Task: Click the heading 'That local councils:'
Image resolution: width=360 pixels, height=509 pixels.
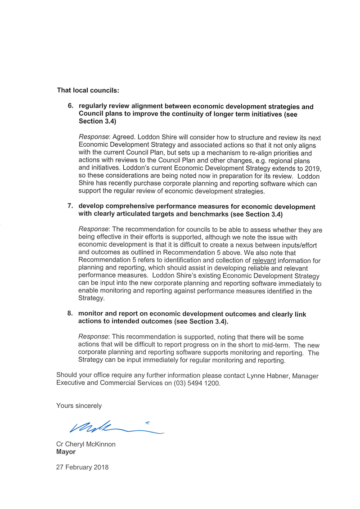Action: [x=88, y=90]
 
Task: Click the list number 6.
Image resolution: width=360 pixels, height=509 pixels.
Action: [x=70, y=106]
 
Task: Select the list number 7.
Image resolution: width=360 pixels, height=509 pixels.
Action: [x=70, y=206]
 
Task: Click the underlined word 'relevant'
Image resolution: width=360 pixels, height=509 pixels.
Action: [x=264, y=260]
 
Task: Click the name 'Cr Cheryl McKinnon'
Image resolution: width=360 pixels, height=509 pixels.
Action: [x=85, y=444]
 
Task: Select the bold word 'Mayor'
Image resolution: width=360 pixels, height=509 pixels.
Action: [x=66, y=452]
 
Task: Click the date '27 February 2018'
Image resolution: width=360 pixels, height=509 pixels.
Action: [x=82, y=467]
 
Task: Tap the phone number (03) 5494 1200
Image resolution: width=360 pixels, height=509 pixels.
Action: [x=197, y=383]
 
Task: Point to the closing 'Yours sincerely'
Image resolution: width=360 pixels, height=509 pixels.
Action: [x=79, y=405]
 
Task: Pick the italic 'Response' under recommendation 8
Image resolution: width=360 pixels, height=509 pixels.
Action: [x=94, y=337]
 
